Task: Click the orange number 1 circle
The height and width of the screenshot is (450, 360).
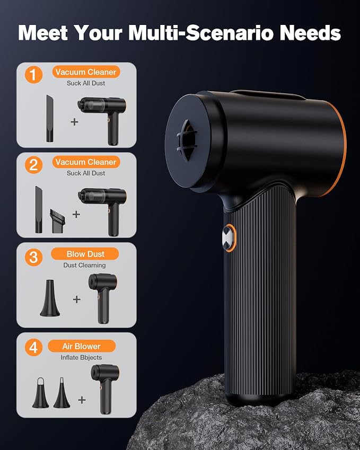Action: tap(33, 75)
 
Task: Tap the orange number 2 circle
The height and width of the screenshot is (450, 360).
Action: tap(33, 165)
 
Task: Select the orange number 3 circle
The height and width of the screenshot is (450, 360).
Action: tap(33, 257)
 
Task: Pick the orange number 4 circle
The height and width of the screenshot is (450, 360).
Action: tap(33, 348)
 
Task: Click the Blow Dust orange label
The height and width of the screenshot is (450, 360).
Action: tap(85, 254)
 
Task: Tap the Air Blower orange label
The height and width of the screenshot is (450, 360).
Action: tap(82, 346)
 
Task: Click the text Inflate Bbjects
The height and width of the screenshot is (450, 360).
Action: tap(81, 357)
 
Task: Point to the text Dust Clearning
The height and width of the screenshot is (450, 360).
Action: tap(84, 265)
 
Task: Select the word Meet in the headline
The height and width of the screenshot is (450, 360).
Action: tap(43, 33)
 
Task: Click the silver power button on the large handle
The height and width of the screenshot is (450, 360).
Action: tap(229, 238)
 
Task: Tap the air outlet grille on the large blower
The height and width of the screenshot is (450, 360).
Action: tap(187, 140)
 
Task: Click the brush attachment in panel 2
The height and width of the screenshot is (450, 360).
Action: tap(57, 221)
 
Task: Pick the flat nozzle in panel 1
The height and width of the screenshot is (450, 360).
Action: tap(50, 119)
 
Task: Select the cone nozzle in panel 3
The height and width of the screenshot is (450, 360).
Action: tap(50, 298)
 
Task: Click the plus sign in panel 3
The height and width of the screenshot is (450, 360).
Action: tap(77, 299)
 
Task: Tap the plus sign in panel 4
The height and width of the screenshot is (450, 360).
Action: tap(82, 400)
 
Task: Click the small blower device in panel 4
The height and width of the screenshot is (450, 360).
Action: tap(105, 389)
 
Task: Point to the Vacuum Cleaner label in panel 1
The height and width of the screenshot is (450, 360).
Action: tap(86, 72)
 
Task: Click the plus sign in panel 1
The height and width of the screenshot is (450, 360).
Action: tap(74, 122)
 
